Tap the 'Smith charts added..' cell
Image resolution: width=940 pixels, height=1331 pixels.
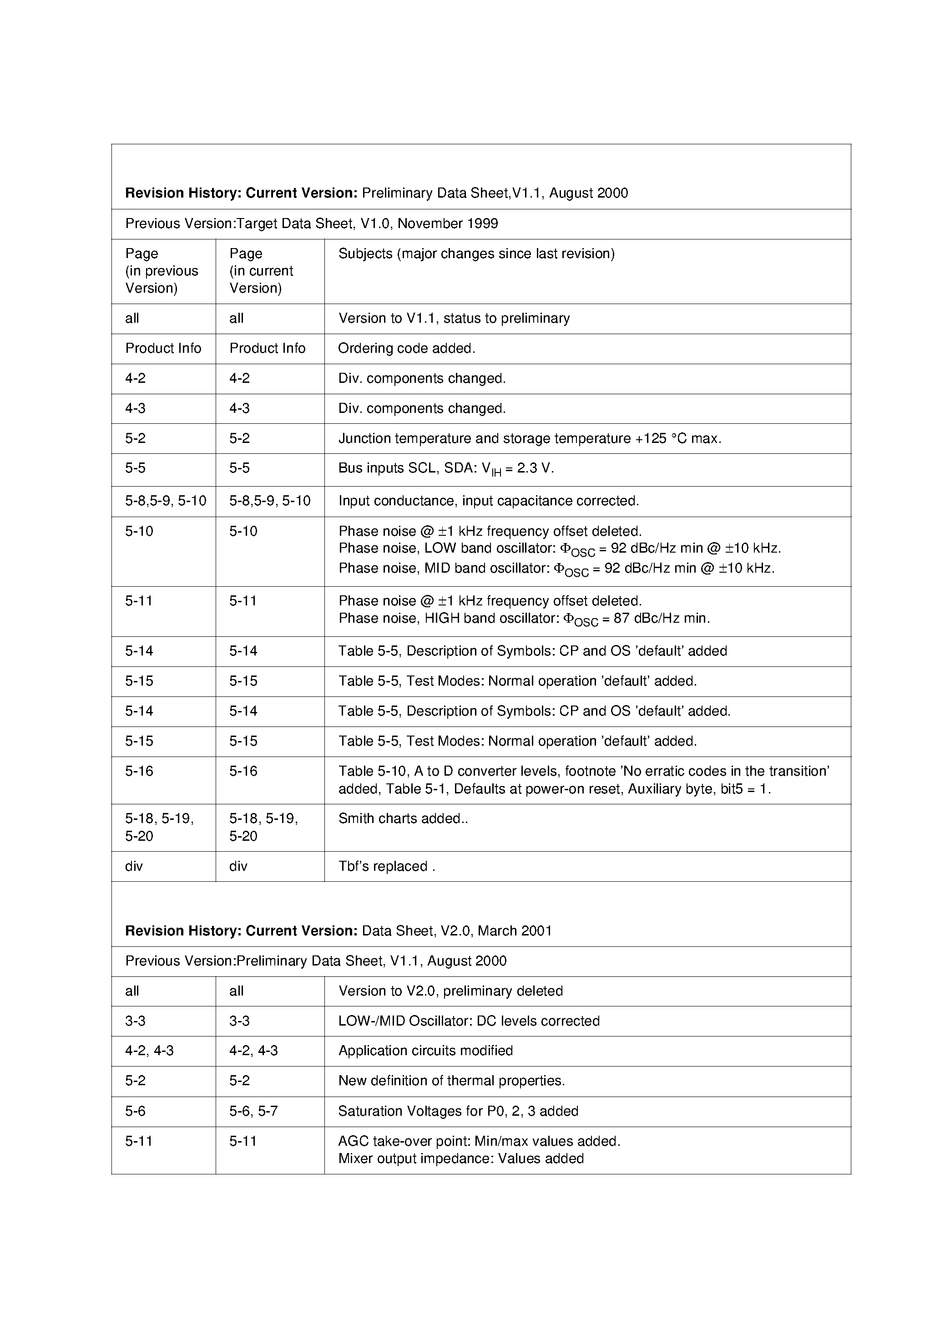[x=403, y=818]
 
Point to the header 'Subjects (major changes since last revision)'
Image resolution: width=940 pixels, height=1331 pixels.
[x=476, y=254]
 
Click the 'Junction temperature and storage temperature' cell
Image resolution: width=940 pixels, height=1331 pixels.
[x=529, y=438]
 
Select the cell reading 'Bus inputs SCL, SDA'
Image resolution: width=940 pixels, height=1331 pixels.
[x=446, y=468]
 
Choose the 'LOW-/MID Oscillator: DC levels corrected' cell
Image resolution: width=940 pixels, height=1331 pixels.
[x=468, y=1021]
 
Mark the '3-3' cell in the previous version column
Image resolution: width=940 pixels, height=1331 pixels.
[x=135, y=1021]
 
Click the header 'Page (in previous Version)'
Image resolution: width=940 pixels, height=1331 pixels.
[x=161, y=271]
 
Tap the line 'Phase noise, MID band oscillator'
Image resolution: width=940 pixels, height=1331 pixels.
[x=556, y=569]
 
